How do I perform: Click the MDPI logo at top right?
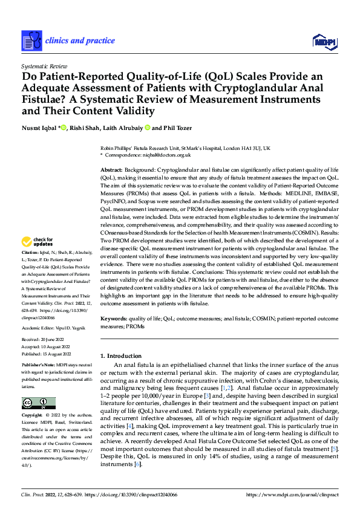(324, 41)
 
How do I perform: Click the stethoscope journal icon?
(32, 41)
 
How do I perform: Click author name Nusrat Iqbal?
(39, 128)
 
